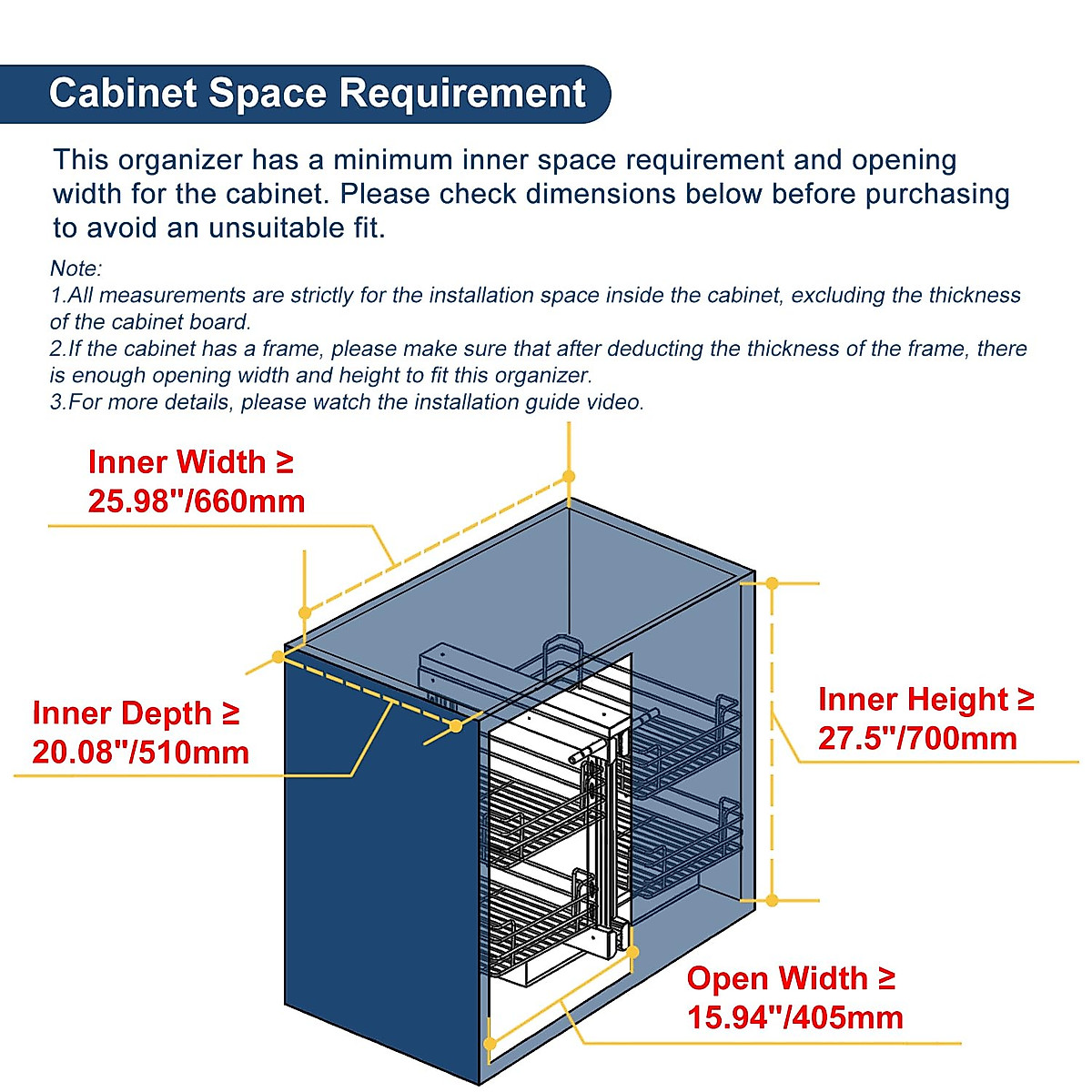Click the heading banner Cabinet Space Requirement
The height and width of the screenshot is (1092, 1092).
(317, 94)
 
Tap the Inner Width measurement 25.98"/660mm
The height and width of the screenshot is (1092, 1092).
(196, 501)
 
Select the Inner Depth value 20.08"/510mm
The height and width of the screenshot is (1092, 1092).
(140, 753)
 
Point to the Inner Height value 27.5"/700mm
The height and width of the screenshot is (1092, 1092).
(916, 738)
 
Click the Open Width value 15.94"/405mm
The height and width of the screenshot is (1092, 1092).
(794, 1017)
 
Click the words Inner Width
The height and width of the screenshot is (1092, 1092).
(177, 462)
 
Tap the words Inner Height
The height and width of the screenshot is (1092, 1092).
(913, 699)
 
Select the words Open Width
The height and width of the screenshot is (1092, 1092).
(777, 978)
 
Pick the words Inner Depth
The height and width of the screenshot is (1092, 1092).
(122, 713)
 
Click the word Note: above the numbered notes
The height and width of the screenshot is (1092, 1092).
(76, 268)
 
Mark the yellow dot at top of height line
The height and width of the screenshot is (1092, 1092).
(772, 582)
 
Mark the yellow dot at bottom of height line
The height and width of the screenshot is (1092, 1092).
(772, 900)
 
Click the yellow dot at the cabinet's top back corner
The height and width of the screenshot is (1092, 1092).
(569, 476)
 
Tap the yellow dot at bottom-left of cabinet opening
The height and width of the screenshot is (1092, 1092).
(490, 1044)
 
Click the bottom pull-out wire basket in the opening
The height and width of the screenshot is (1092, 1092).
(537, 928)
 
